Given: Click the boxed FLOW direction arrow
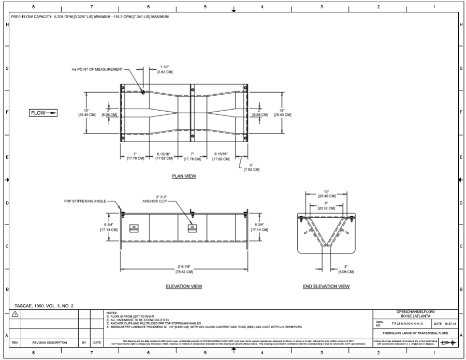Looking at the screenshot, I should click(43, 113).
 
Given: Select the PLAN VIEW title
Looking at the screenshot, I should click(184, 176).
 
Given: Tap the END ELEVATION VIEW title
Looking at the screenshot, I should click(326, 287).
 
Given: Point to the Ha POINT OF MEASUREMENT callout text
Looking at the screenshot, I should click(98, 69).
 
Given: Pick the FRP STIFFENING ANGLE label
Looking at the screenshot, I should click(85, 200).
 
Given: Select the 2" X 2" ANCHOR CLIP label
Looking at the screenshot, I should click(156, 200).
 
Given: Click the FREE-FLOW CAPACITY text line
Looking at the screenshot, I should click(93, 17).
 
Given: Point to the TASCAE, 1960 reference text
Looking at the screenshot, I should click(44, 306).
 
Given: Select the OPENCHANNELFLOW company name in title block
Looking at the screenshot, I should click(416, 312).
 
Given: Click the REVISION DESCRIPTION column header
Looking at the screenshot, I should click(50, 342).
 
